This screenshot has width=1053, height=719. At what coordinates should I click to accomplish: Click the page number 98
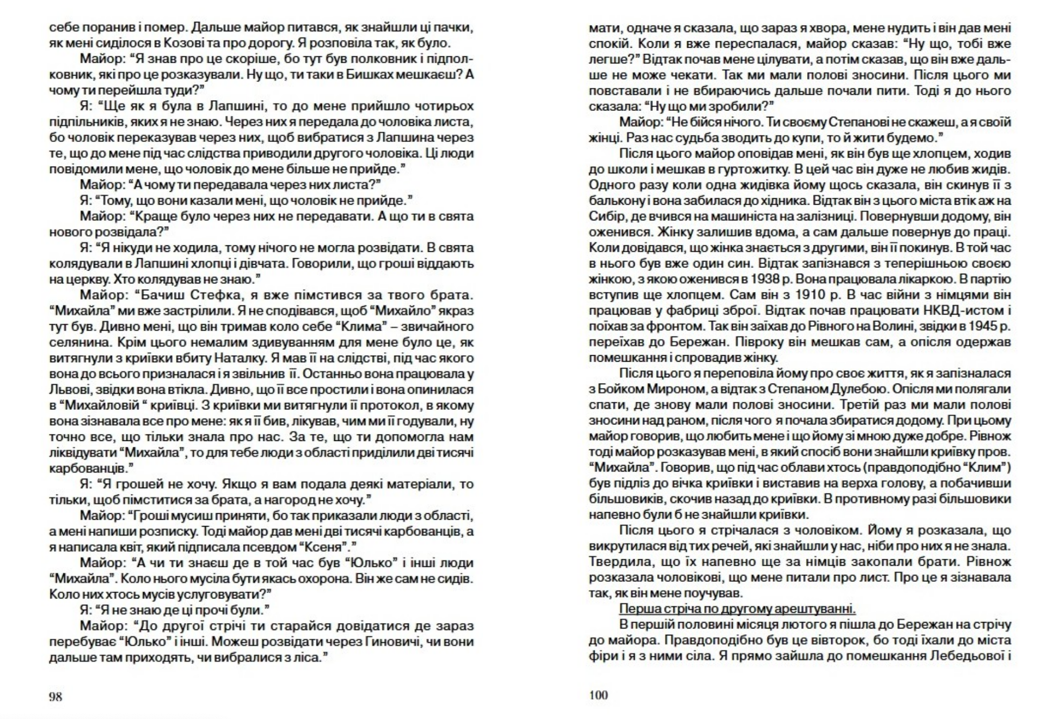tap(56, 696)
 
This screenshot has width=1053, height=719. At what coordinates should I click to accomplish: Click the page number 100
tap(598, 695)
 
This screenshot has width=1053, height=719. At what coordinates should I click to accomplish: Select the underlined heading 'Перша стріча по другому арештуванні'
tap(737, 609)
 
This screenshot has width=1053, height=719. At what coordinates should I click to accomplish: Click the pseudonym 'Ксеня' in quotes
tap(326, 547)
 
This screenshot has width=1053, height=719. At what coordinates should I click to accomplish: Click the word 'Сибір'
tap(604, 216)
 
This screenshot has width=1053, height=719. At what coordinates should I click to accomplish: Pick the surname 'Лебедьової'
tap(966, 655)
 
